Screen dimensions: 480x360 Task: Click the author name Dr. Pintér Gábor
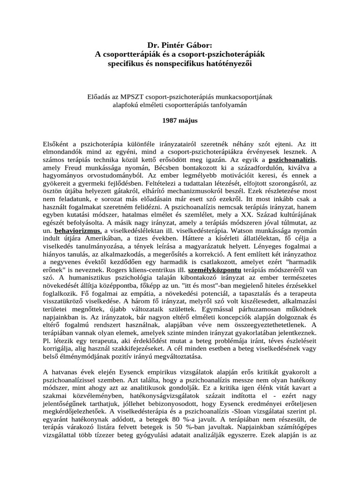point(180,45)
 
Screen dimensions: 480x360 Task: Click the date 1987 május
point(180,120)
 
